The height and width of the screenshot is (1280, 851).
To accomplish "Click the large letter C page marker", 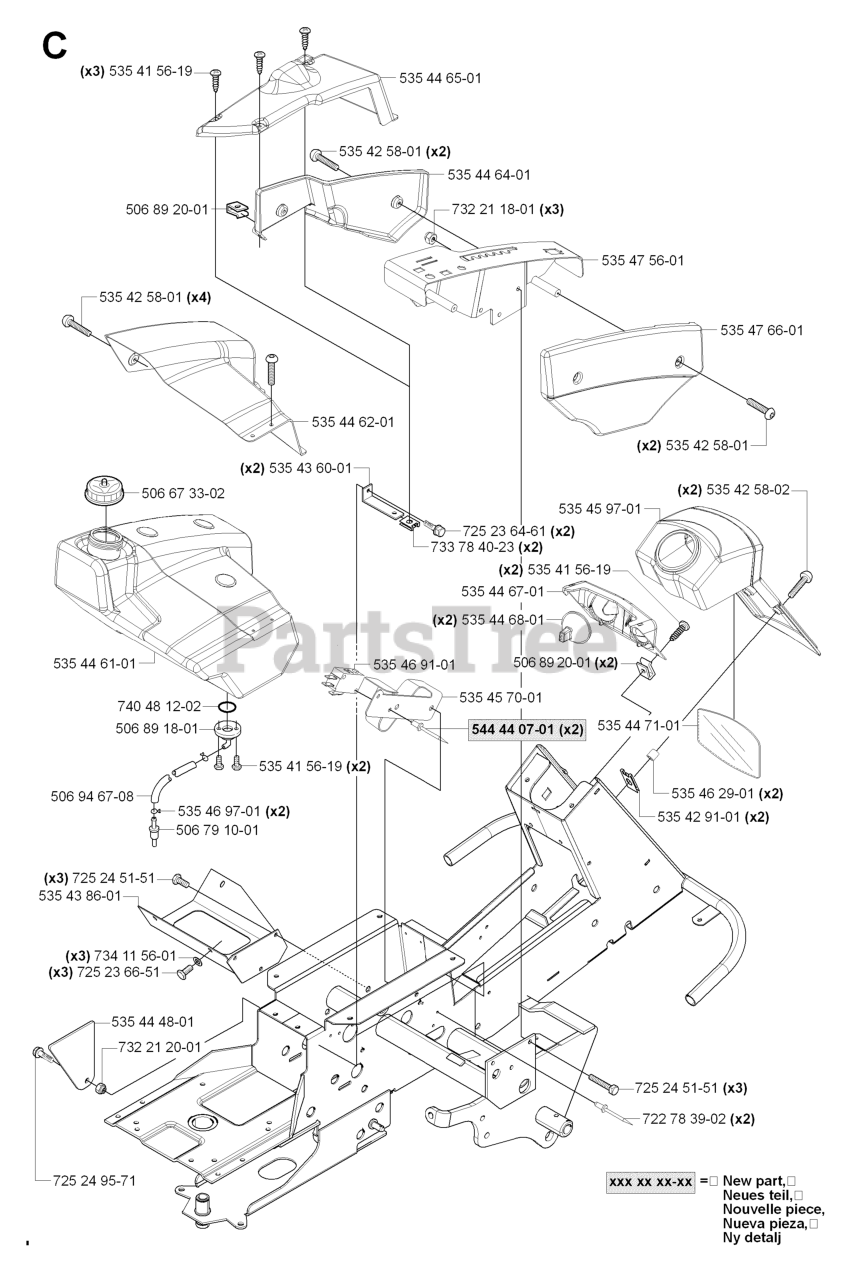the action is click(54, 46).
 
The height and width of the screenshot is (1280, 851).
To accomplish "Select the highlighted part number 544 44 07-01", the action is click(512, 730).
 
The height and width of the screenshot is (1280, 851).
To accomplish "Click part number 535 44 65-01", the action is click(440, 78).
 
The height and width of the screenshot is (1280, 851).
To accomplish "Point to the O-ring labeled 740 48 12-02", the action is click(227, 707).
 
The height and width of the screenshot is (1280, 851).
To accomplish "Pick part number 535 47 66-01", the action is click(761, 330).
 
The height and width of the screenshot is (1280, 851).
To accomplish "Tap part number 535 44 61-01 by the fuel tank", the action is click(95, 663).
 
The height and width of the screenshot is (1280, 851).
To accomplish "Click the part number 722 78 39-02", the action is click(684, 1119).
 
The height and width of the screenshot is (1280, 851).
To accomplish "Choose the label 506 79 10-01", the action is click(217, 830).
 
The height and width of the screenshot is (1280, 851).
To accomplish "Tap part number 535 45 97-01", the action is click(600, 509).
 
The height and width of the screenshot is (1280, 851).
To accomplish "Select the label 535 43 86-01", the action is click(80, 895).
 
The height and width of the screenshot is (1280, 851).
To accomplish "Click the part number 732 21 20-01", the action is click(160, 1047).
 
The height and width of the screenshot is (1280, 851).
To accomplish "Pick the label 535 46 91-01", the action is click(414, 665).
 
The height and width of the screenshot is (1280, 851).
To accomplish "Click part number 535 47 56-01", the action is click(642, 260).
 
